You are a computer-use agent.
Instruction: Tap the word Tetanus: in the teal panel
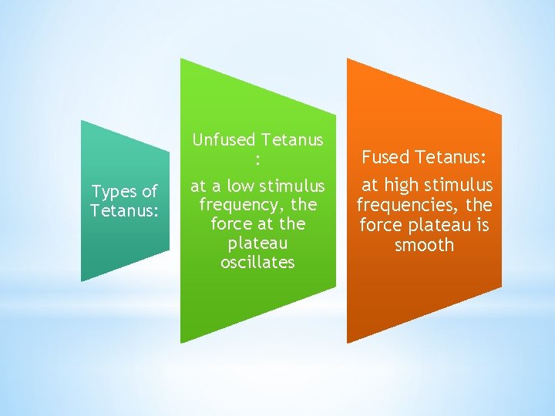(x=124, y=210)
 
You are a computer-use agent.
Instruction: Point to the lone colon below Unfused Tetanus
(x=258, y=159)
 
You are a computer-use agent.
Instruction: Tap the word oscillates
(x=258, y=262)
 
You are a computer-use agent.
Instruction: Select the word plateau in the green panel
(x=258, y=243)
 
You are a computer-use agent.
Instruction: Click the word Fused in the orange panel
(x=385, y=158)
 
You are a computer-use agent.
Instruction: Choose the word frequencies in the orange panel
(x=408, y=206)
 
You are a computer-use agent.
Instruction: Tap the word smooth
(x=424, y=246)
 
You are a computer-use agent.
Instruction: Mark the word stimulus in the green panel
(x=292, y=186)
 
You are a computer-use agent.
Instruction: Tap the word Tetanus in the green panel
(x=292, y=139)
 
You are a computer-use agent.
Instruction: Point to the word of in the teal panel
(x=149, y=192)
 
